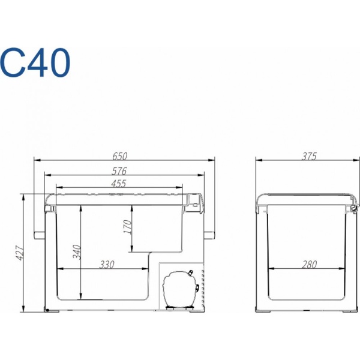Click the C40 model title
pos(35,62)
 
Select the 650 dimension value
pos(119,156)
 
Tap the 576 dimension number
pos(119,171)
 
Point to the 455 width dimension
pos(119,184)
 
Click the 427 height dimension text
pos(20,253)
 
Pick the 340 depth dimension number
pos(77,252)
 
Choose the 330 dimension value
pos(107,265)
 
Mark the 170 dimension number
pos(128,227)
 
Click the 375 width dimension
pos(309,157)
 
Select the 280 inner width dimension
pos(309,265)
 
